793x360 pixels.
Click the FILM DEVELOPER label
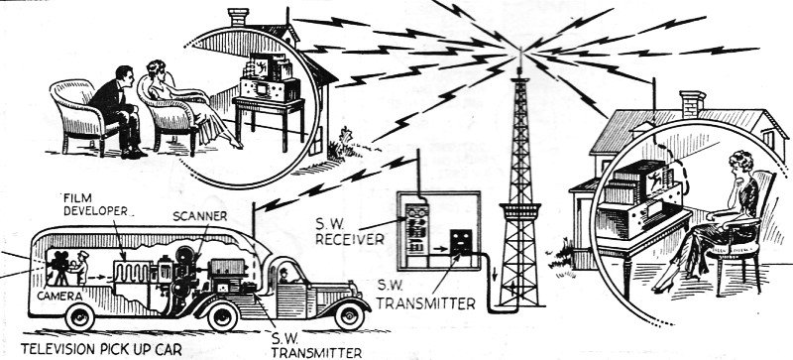(94, 203)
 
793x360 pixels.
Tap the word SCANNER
(199, 216)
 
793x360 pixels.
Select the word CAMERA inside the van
(59, 296)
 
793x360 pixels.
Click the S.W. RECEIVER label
(349, 231)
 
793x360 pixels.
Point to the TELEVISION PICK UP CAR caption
(101, 349)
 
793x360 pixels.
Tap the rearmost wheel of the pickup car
(80, 317)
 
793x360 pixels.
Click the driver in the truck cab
(283, 276)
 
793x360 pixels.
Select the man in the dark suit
(118, 110)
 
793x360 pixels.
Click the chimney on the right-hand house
(692, 104)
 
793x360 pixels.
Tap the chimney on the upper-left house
(238, 17)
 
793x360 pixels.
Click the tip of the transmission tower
(519, 50)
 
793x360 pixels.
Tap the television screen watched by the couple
(261, 67)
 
